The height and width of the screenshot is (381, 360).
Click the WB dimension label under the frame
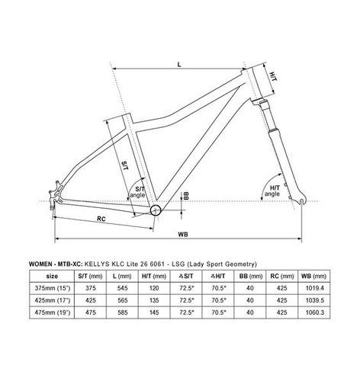coord(183,234)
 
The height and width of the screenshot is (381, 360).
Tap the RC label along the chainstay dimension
coord(101,219)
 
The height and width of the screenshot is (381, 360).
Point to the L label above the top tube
coord(179,65)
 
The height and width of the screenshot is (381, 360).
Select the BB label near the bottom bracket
coord(186,196)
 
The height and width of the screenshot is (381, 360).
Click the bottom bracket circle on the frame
coord(156,210)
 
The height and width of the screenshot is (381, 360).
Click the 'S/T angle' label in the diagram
coord(137,192)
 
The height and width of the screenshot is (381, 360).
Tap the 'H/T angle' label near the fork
coord(272,190)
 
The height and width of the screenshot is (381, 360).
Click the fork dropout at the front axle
coord(301,201)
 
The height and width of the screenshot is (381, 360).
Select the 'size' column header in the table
coord(52,276)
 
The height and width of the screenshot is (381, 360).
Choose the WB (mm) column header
coord(314,276)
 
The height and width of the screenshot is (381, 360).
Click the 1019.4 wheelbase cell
coord(315,288)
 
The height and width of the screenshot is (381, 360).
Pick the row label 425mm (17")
coord(53,300)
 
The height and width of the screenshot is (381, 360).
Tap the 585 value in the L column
coord(122,312)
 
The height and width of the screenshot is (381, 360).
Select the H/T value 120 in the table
coord(154,288)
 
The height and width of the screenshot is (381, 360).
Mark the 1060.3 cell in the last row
coord(315,312)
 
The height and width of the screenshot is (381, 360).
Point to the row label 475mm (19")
coord(53,312)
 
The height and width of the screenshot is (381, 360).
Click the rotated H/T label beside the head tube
coord(273,76)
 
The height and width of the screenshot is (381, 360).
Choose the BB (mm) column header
coord(250,276)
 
